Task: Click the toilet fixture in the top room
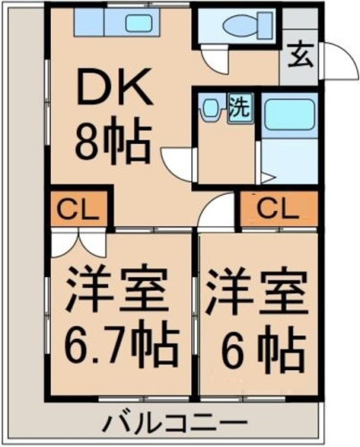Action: tap(247, 24)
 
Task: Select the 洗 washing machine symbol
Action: tap(241, 109)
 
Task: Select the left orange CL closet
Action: tap(79, 208)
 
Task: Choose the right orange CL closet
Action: tap(279, 208)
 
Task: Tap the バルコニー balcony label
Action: tap(177, 422)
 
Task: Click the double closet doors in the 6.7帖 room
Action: tap(78, 244)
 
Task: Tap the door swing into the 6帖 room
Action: tap(216, 211)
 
